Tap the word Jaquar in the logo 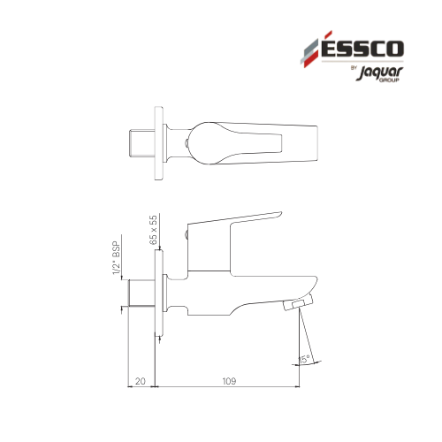380,72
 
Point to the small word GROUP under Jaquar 389,80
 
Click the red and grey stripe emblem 312,50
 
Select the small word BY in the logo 354,67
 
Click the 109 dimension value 229,381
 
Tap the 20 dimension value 141,381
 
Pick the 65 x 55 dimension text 153,230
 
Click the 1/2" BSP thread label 117,258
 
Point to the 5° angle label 305,359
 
